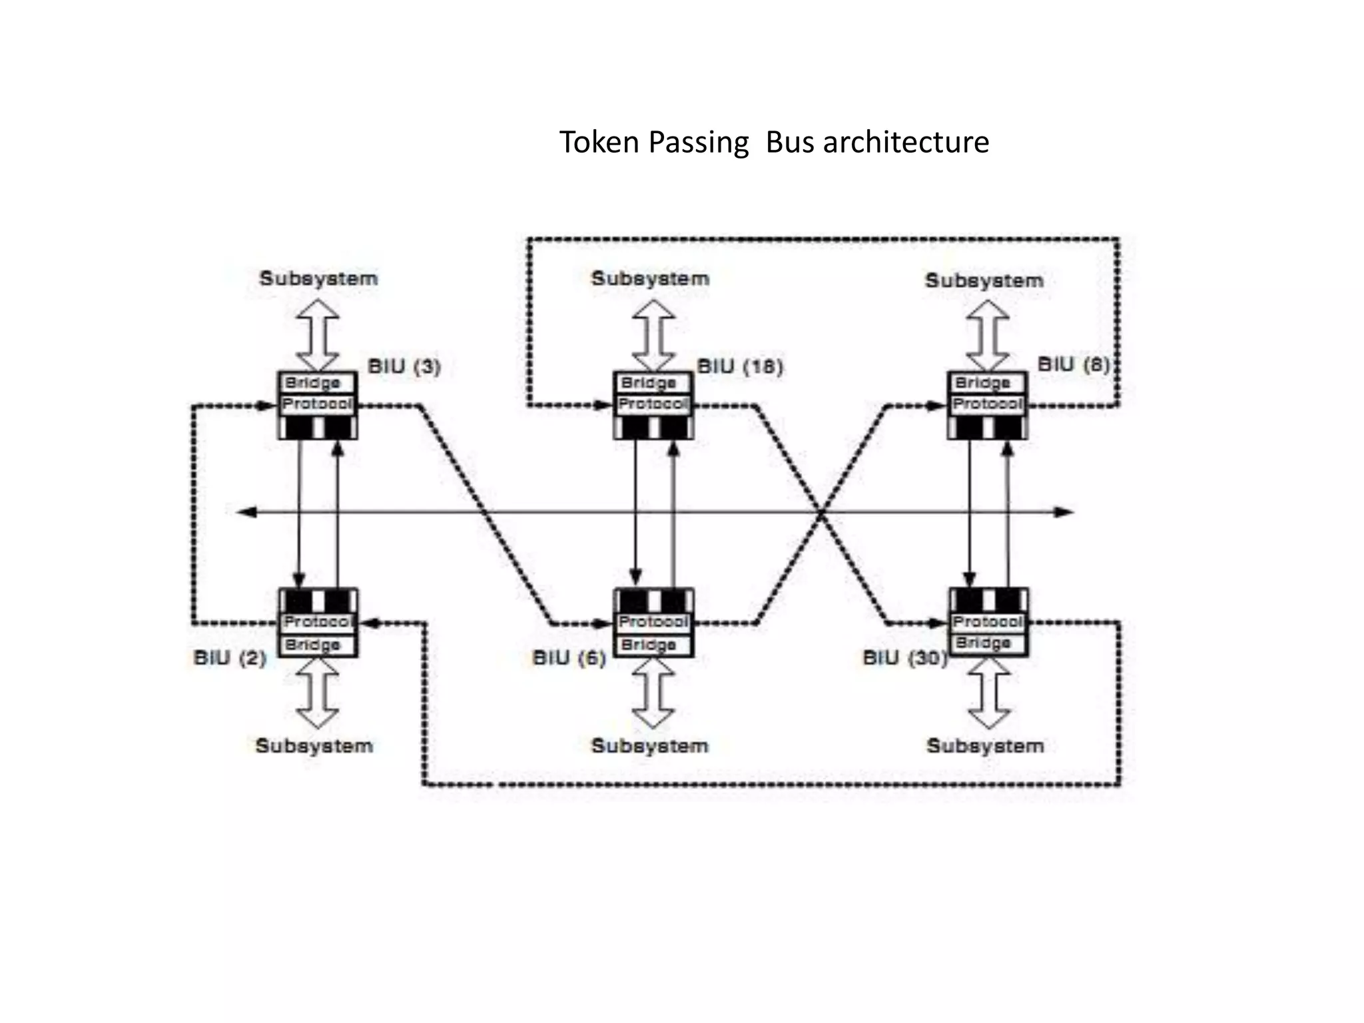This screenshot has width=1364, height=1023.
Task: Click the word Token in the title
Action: click(x=599, y=143)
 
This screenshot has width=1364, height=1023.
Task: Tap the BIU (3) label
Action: click(x=404, y=366)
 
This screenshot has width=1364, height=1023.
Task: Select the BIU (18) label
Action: click(x=740, y=366)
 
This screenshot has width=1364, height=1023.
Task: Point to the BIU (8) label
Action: click(x=1074, y=364)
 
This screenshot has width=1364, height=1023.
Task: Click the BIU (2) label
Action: click(x=230, y=658)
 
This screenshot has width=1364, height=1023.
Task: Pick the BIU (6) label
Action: click(x=569, y=658)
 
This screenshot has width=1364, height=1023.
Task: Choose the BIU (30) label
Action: click(x=904, y=658)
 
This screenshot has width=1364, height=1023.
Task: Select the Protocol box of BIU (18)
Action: click(x=653, y=404)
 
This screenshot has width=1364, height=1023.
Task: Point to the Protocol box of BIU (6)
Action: click(x=653, y=621)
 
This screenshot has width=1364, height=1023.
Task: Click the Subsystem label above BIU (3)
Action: click(x=318, y=278)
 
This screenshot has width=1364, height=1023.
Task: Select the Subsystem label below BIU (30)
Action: click(x=985, y=745)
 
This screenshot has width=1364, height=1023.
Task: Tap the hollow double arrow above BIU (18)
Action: click(x=653, y=335)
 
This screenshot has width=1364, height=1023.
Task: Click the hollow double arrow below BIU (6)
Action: click(x=653, y=693)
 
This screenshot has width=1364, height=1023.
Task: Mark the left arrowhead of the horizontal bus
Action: click(x=246, y=511)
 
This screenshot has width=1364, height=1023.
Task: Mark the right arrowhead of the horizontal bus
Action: click(x=1065, y=511)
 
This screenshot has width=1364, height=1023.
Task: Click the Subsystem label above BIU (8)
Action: click(x=984, y=280)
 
